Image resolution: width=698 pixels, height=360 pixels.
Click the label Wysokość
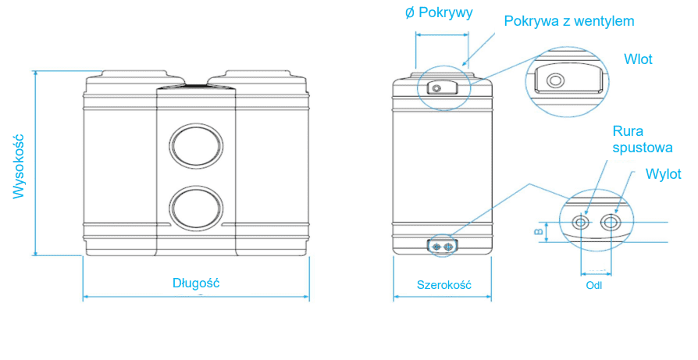point(20,166)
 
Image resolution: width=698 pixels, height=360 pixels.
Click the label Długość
point(196,283)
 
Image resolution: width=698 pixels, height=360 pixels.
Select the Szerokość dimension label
point(443,285)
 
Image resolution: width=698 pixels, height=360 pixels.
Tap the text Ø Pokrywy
point(439,12)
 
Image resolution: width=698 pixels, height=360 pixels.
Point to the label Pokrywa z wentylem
point(569,21)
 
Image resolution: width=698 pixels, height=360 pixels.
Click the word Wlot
point(638,59)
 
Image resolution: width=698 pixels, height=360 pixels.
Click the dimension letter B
point(537,232)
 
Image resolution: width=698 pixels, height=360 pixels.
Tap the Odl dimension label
point(594,285)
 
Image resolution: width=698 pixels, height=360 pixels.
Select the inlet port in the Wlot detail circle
point(556,80)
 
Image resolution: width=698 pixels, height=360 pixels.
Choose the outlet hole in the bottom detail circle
point(611,223)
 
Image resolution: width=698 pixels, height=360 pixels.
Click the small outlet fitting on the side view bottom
point(443,246)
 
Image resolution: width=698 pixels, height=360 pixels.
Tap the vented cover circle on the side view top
point(436,88)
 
